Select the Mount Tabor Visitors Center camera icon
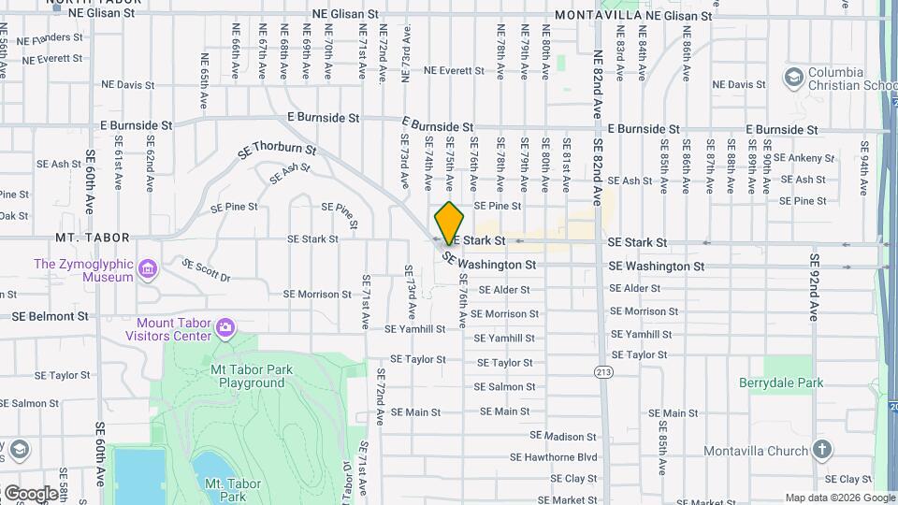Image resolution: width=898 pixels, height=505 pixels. [224, 327]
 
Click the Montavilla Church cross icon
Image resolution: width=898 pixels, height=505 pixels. [821, 451]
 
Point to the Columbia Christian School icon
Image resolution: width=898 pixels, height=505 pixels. [794, 77]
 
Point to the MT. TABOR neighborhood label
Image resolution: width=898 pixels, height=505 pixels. [92, 238]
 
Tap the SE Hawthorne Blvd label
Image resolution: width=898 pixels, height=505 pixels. [553, 457]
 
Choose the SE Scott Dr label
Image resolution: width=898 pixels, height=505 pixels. [206, 271]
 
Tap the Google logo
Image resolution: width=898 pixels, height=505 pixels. [31, 493]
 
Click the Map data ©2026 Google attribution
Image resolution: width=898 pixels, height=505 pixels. [839, 498]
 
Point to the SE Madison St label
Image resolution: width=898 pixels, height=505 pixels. [564, 436]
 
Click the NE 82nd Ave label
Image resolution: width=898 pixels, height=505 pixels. [597, 78]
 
